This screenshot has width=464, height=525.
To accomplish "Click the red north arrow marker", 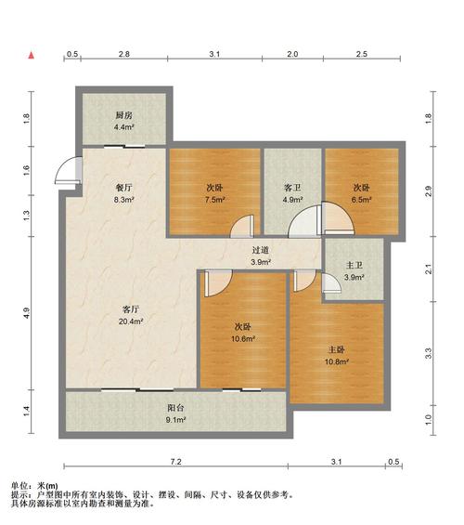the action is point(32,55).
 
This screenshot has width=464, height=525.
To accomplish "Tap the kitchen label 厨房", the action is point(124,115).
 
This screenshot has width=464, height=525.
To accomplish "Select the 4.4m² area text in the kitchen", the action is point(124,127).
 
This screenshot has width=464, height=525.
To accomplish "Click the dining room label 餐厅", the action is point(124,188).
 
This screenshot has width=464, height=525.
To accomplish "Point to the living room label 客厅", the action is point(131,309).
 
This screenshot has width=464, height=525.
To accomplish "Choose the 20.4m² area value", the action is point(131,322).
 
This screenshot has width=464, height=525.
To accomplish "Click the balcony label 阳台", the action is point(175,408).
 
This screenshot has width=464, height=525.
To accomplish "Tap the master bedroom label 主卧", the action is point(337,349).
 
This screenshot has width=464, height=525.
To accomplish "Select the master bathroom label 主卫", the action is point(354,265).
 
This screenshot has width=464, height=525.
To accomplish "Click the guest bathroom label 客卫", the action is point(293,188).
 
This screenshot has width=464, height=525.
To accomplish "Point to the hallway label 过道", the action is point(261,250).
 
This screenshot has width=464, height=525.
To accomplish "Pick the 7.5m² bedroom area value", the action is point(214,200).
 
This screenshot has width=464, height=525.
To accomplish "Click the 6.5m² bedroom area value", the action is point(361,200).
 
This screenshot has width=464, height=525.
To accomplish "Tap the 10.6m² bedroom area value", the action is point(243,339).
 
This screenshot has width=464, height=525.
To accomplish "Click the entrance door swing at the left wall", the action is point(67,171).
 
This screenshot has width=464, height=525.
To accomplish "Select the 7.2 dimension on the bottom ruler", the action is point(175,462).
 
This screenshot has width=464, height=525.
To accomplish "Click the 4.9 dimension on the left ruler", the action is point(26,313).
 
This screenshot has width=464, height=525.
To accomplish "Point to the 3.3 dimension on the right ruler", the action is point(428,354).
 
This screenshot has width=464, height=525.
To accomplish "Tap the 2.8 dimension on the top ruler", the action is point(124,54).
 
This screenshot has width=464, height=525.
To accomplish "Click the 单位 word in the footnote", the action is point(19,486).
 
